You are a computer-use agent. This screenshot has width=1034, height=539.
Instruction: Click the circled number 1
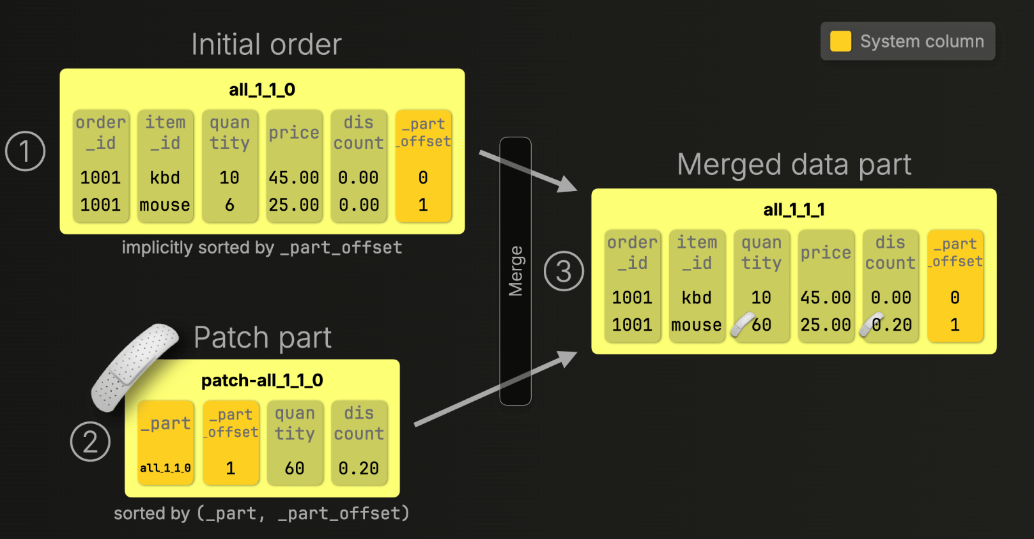click(x=25, y=151)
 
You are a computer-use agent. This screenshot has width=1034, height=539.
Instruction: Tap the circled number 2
click(x=90, y=441)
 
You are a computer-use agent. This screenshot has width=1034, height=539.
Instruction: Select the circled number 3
click(x=564, y=271)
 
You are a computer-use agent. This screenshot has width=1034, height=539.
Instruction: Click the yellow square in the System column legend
click(x=840, y=42)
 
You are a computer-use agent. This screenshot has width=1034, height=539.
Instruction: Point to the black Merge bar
click(x=515, y=271)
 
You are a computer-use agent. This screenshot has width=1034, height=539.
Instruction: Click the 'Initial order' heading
click(x=266, y=45)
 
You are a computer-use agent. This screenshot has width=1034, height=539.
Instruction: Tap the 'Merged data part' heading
click(x=794, y=165)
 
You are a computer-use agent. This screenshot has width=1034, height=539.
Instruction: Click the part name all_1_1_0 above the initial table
click(x=262, y=89)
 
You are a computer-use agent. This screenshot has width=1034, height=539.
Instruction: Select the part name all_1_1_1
click(x=794, y=209)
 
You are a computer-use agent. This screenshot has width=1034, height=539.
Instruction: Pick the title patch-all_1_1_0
click(x=262, y=381)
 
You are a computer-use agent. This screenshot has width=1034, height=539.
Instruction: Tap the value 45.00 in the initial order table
click(x=294, y=178)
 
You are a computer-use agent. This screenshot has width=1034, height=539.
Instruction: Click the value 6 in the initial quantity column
click(x=229, y=205)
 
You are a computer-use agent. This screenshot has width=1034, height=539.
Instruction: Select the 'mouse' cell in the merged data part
click(x=697, y=325)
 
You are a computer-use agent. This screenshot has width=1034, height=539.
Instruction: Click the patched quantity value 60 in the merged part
click(x=761, y=325)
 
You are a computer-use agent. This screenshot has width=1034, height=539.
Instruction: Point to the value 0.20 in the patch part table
click(x=359, y=468)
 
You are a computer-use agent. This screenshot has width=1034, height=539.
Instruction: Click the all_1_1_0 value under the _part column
click(x=166, y=468)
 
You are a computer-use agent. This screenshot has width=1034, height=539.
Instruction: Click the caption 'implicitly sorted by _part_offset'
click(x=262, y=248)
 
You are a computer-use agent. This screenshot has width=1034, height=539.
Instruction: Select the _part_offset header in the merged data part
click(x=955, y=252)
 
